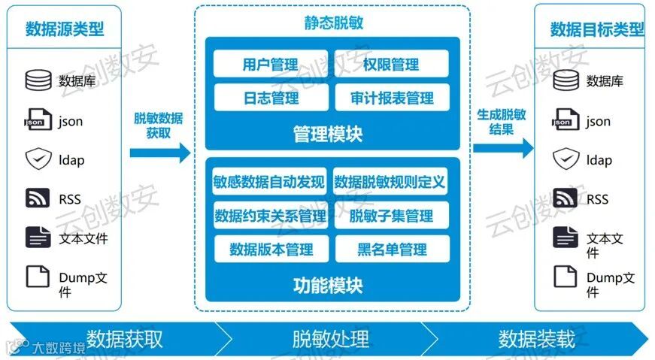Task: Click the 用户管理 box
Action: point(270,64)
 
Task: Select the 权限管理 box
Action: point(390,64)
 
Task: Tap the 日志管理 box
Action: point(270,98)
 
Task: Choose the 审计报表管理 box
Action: point(391,98)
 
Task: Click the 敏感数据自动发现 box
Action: point(270,181)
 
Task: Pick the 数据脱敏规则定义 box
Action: point(390,181)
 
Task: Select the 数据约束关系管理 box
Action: point(270,216)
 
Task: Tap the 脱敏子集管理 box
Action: point(391,216)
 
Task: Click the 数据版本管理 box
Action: point(270,250)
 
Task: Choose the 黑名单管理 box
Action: point(391,250)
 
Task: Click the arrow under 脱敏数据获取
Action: point(159,153)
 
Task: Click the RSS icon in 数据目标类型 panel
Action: point(565,198)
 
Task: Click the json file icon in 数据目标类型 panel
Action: point(565,120)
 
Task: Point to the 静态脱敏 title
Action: point(333,23)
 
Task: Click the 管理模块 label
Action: point(328,135)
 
